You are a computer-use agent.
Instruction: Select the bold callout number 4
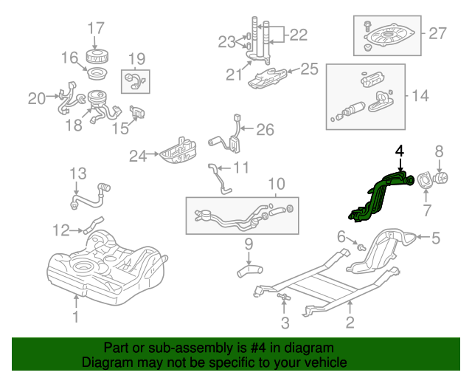pyautogui.click(x=400, y=151)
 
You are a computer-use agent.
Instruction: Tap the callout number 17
pyautogui.click(x=96, y=28)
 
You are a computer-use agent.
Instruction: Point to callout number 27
pyautogui.click(x=437, y=33)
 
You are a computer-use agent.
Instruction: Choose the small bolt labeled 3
pyautogui.click(x=284, y=297)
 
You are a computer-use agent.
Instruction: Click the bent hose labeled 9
pyautogui.click(x=249, y=270)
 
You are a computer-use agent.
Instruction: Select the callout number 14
pyautogui.click(x=420, y=95)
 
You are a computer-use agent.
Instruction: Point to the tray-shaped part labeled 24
pyautogui.click(x=178, y=151)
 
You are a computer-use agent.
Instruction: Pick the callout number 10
pyautogui.click(x=277, y=184)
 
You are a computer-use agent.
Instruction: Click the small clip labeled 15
pyautogui.click(x=137, y=111)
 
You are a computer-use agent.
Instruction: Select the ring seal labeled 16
pyautogui.click(x=97, y=74)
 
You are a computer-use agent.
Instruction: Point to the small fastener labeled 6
pyautogui.click(x=361, y=247)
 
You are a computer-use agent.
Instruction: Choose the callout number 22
pyautogui.click(x=298, y=35)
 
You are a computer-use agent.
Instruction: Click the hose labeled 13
pyautogui.click(x=90, y=196)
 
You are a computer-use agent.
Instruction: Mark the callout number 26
pyautogui.click(x=265, y=130)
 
